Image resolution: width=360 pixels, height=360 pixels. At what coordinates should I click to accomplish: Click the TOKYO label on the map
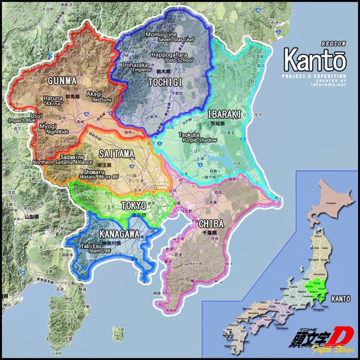(x=134, y=206)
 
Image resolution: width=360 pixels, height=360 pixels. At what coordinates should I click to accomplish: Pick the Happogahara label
(x=168, y=55)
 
